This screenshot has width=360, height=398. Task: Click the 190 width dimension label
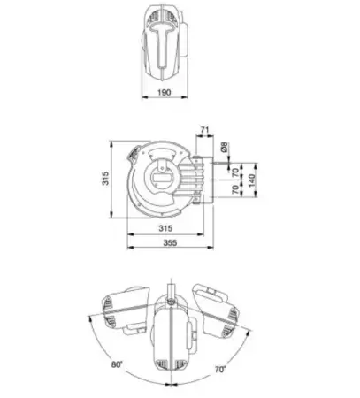(164, 92)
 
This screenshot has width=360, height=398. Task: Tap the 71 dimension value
(204, 130)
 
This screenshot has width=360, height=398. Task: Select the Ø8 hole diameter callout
(225, 147)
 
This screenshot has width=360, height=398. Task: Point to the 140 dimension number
(251, 180)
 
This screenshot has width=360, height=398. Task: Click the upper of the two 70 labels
(235, 172)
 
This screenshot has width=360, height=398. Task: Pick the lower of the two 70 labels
(235, 189)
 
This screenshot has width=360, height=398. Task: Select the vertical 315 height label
(105, 179)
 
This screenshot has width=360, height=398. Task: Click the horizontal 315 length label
(165, 228)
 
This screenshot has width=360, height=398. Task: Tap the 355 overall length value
(170, 242)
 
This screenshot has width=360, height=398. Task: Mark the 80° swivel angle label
(117, 364)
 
